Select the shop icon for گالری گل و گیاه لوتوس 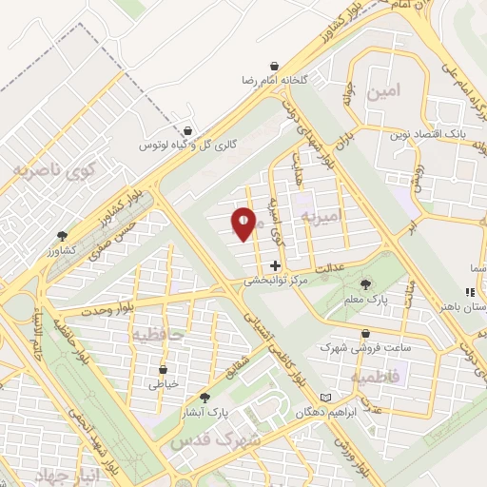point(187,131)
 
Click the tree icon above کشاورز point(64,235)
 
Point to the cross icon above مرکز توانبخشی point(276,265)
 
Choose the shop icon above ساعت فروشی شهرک point(365,333)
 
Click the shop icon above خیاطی point(164,369)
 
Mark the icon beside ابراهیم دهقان point(327,397)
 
